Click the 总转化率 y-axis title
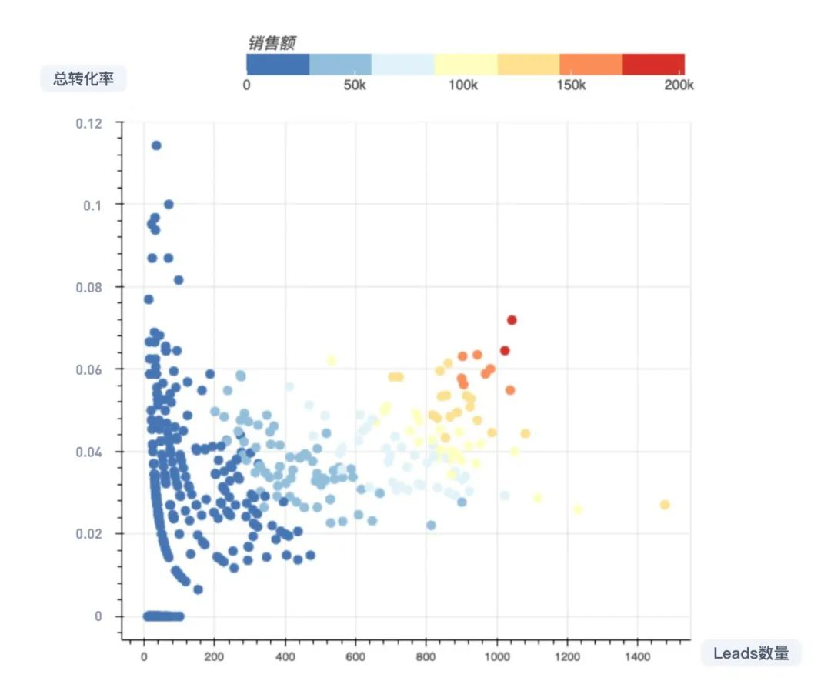tap(83, 78)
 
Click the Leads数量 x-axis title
tap(751, 653)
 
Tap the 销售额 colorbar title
tap(272, 43)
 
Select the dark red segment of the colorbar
tap(653, 64)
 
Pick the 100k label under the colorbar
tap(462, 85)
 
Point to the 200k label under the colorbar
tap(679, 85)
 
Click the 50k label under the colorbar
tap(354, 85)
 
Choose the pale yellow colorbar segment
tap(466, 64)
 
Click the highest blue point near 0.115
tap(156, 145)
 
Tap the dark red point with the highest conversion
tap(512, 320)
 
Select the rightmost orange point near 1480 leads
tap(665, 505)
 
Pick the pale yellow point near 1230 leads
tap(578, 509)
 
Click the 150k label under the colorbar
tap(571, 85)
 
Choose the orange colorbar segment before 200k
tap(591, 64)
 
